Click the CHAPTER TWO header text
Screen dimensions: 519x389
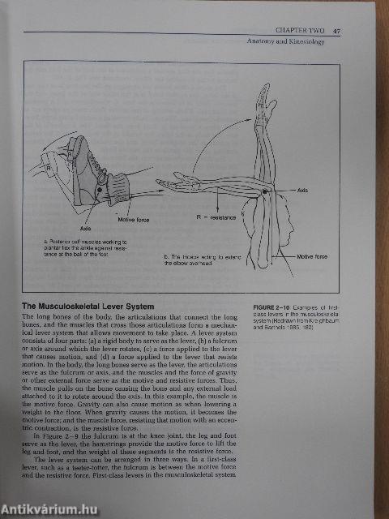(300, 29)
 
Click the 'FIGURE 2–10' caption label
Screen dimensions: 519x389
(270, 309)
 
